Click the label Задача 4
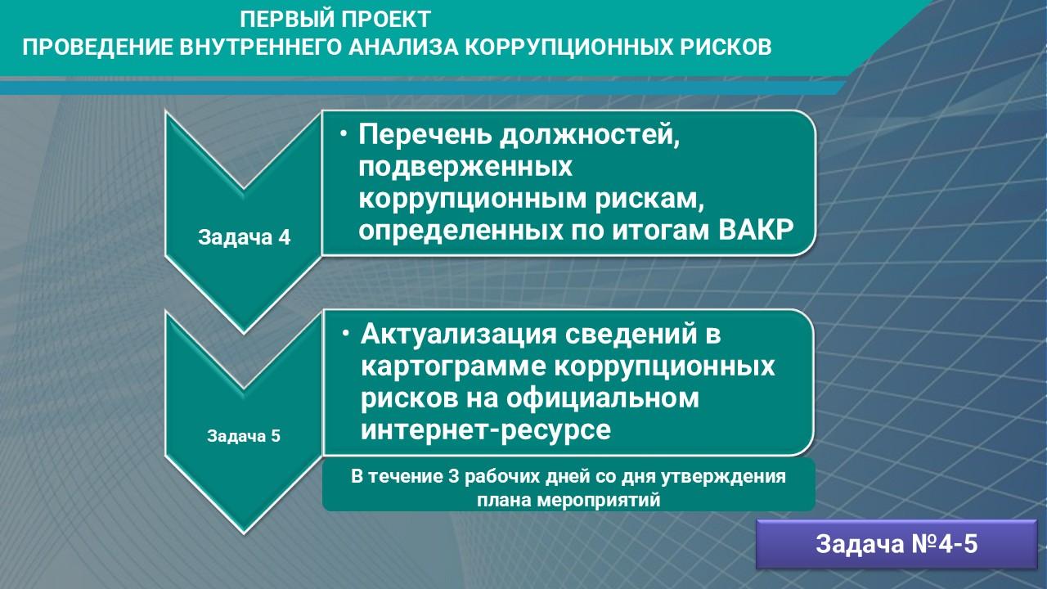click(x=244, y=237)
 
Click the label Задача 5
click(x=244, y=436)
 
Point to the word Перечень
click(x=425, y=135)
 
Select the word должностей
click(x=590, y=136)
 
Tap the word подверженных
click(x=465, y=168)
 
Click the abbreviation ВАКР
click(x=756, y=230)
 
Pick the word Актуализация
click(x=459, y=335)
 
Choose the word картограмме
click(x=453, y=366)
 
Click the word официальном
click(x=603, y=398)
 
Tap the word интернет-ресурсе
click(x=486, y=430)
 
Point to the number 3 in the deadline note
click(x=452, y=476)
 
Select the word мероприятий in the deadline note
click(x=599, y=500)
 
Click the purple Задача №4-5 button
click(x=896, y=544)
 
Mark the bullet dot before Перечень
click(x=344, y=134)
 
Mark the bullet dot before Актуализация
click(x=345, y=334)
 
